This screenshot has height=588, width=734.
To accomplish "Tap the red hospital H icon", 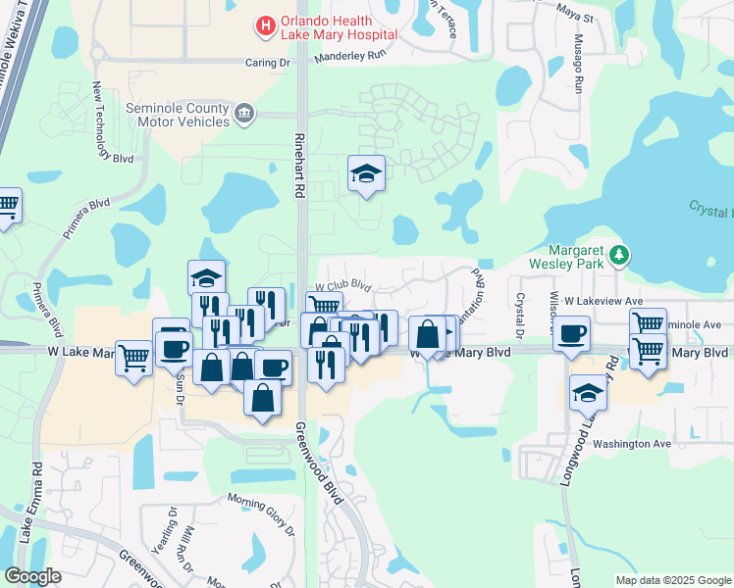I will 265,26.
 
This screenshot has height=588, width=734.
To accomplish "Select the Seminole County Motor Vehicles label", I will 177,115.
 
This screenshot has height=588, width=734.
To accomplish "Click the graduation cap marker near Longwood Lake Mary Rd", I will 588,394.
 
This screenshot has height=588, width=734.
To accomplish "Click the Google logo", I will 33,576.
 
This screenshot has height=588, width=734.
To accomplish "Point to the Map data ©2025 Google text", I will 672,580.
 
